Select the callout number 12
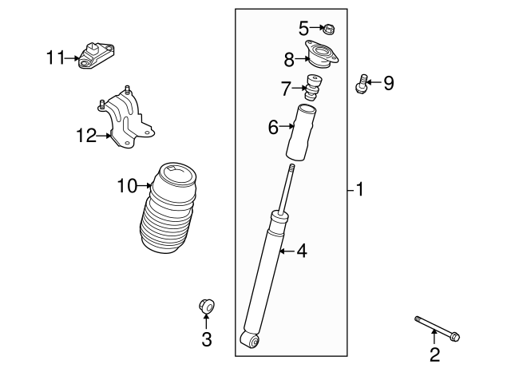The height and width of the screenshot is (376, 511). coord(86,136)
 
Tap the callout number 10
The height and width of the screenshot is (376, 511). coord(127,187)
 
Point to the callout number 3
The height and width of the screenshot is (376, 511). coord(206,340)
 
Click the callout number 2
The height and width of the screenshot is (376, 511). coord(434,354)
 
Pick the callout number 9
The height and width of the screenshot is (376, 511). coord(389,83)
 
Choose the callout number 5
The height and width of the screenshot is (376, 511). coord(303,29)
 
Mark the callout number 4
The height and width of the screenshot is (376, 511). coord(301,251)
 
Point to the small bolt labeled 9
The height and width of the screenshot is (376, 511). coord(364,83)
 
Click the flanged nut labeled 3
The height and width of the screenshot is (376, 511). coord(206,305)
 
